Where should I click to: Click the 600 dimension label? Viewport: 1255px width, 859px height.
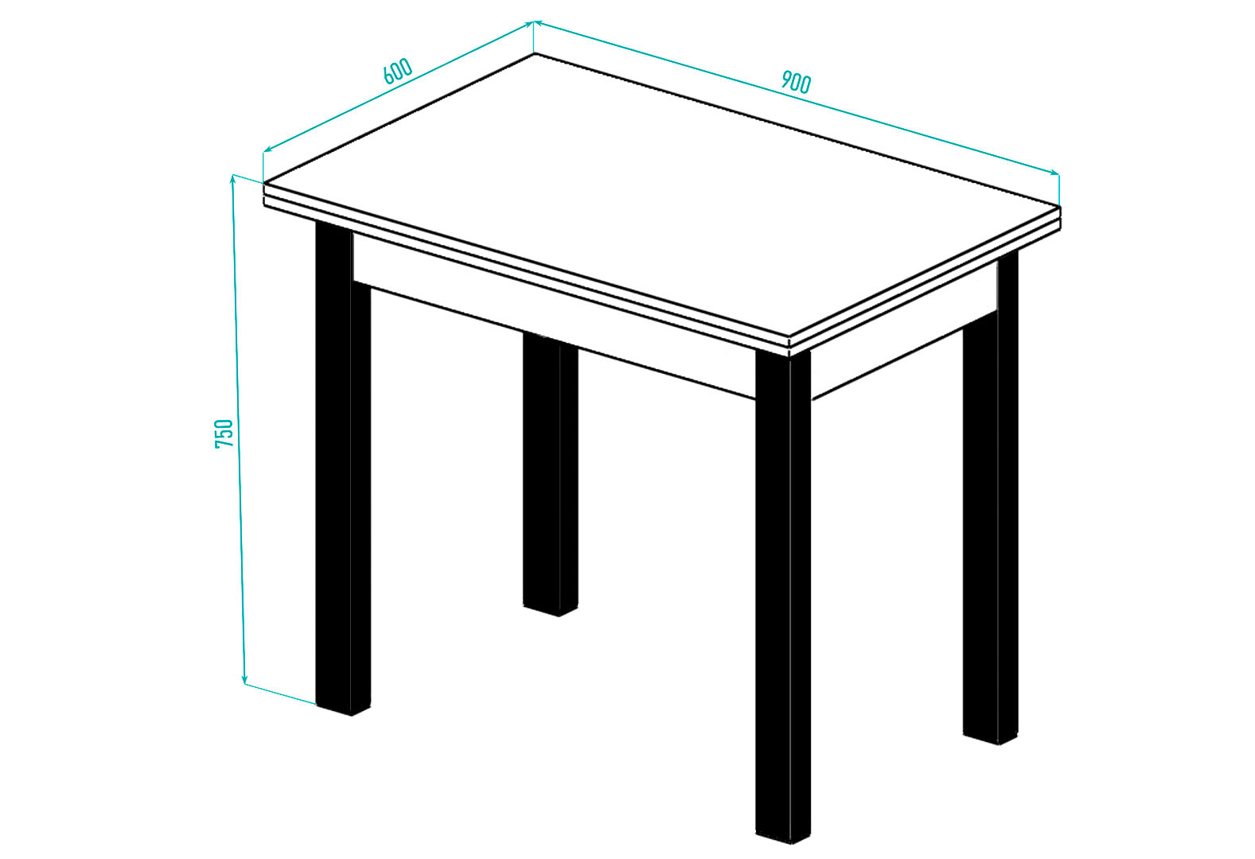(398, 71)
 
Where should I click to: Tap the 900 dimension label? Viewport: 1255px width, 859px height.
(796, 82)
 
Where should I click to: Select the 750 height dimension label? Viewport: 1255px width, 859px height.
(224, 433)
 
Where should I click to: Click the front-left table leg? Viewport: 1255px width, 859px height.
(343, 469)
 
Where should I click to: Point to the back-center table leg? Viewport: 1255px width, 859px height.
(550, 475)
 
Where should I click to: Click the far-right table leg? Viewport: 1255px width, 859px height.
(991, 499)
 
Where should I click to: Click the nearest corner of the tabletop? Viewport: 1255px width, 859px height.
(789, 337)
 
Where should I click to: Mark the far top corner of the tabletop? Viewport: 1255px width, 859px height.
(534, 54)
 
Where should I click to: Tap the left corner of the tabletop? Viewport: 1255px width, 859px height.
(264, 183)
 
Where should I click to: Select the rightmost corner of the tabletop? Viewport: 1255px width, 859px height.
(1060, 207)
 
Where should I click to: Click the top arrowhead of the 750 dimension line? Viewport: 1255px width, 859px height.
(233, 179)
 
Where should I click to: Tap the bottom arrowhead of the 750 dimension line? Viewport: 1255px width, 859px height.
(244, 680)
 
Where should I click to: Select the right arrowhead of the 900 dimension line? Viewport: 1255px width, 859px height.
(1054, 173)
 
